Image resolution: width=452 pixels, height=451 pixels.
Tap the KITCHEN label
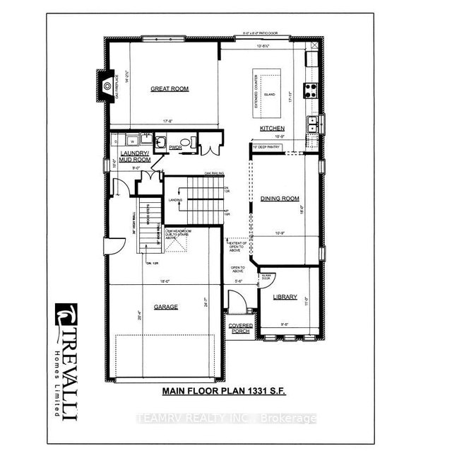(272, 128)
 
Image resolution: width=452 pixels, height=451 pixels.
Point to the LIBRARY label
(284, 297)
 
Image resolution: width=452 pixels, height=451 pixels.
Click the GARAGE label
(167, 307)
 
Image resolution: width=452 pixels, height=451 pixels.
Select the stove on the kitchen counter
(311, 89)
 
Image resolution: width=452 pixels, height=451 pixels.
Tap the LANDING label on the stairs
(177, 200)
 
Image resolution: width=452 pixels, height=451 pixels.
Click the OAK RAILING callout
(214, 172)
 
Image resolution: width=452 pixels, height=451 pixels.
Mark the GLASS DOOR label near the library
(267, 277)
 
